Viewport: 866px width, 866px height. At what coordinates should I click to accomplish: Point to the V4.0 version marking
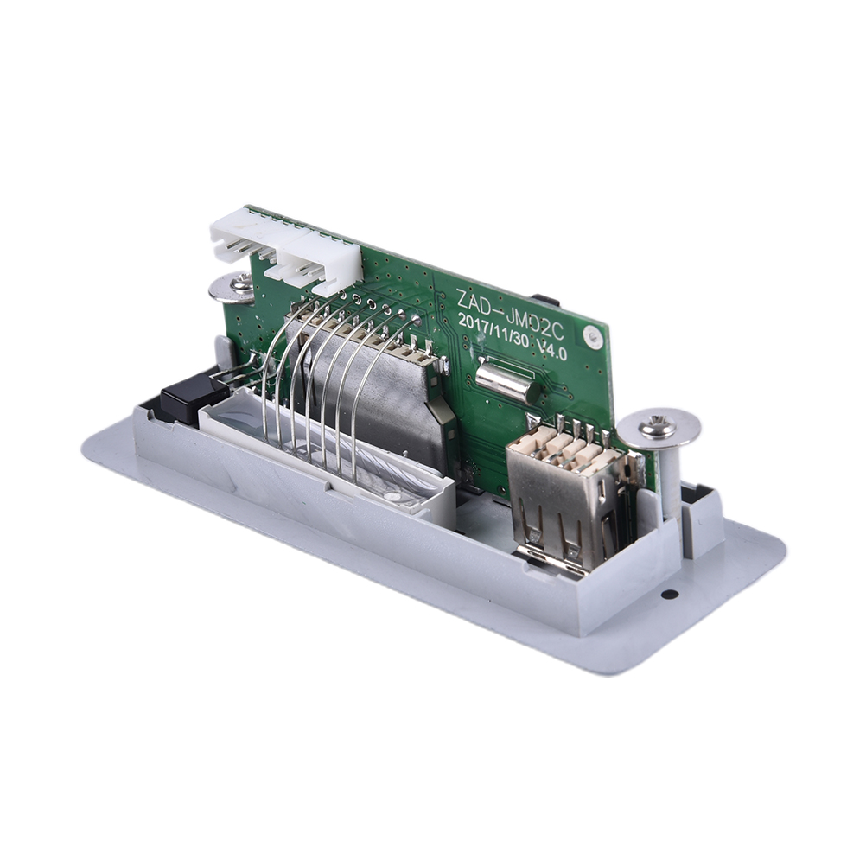(552, 349)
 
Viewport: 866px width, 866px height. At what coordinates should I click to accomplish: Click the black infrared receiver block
(194, 396)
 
